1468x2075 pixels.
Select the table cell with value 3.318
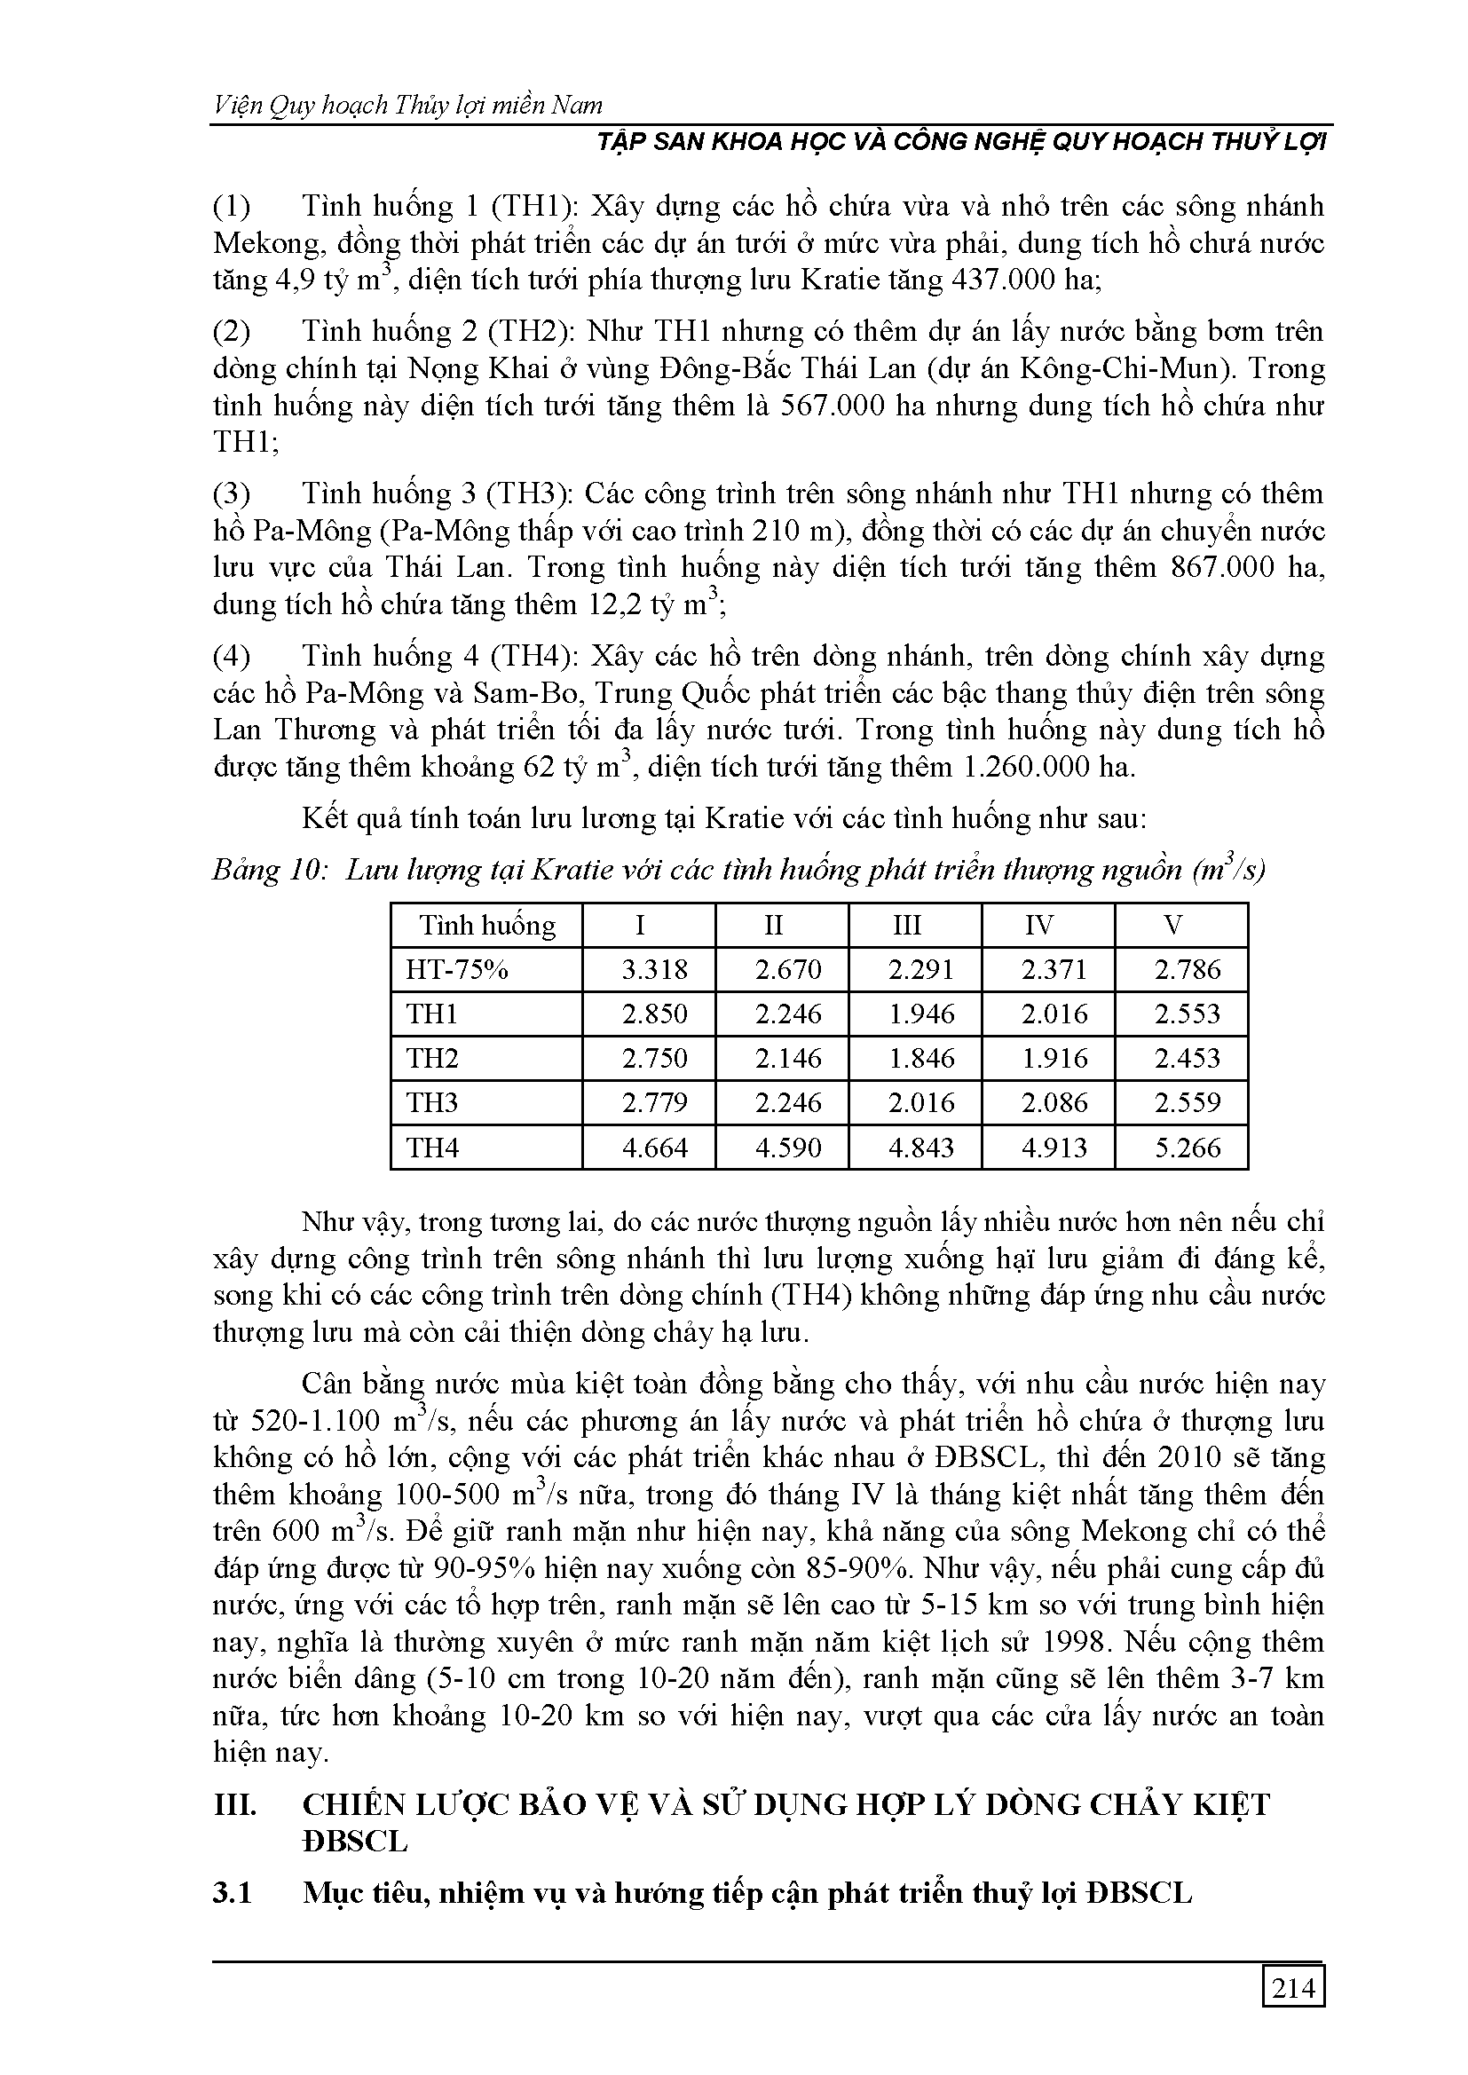(654, 970)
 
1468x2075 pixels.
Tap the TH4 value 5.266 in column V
(1187, 1148)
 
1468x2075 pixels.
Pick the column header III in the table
(907, 926)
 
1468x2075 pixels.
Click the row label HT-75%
(457, 970)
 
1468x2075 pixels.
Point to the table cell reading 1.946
(921, 1014)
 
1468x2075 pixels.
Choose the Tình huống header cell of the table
(487, 926)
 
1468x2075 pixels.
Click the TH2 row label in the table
(433, 1058)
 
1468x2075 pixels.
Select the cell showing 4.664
(654, 1148)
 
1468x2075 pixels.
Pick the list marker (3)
(233, 494)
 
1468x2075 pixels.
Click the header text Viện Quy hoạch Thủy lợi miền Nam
(407, 106)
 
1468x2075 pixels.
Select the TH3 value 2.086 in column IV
(1054, 1102)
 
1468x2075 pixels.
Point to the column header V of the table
(1172, 926)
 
